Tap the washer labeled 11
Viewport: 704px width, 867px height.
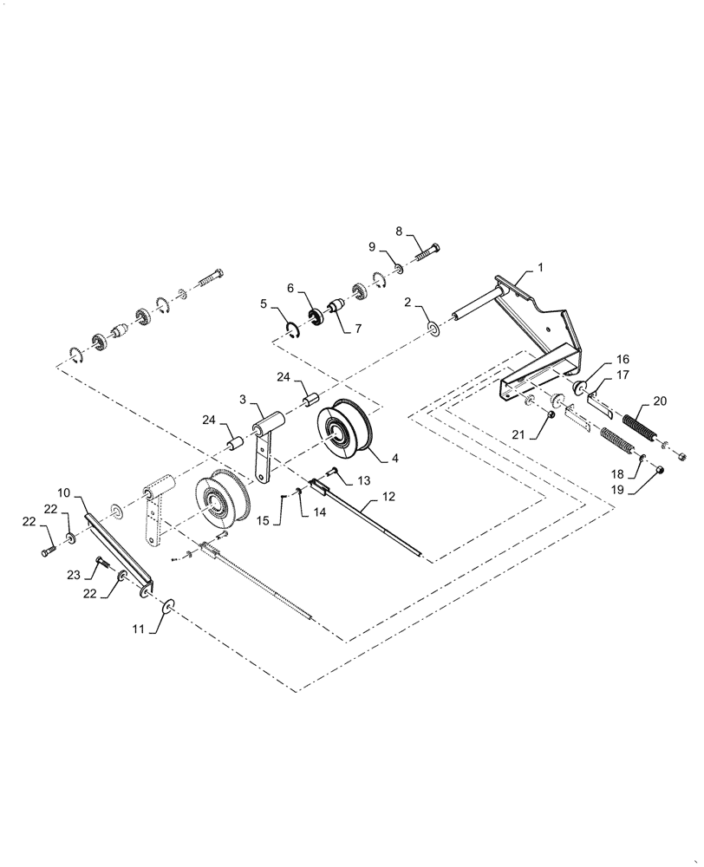pyautogui.click(x=166, y=603)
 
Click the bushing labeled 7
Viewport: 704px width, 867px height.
pyautogui.click(x=334, y=309)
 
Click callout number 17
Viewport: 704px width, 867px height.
pyautogui.click(x=623, y=375)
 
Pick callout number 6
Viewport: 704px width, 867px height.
pyautogui.click(x=290, y=287)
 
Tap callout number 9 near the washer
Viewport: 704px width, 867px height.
pyautogui.click(x=373, y=246)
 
